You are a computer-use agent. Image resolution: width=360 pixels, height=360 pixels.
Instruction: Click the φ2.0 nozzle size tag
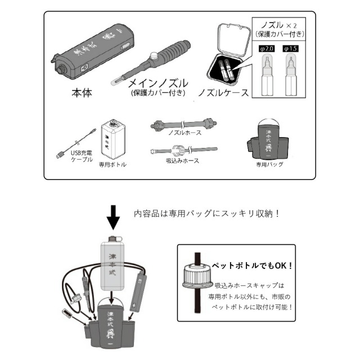[266, 49]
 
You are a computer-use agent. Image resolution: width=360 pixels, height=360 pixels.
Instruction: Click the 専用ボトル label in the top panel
[113, 165]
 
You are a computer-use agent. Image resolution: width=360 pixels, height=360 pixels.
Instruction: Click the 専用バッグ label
[269, 165]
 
